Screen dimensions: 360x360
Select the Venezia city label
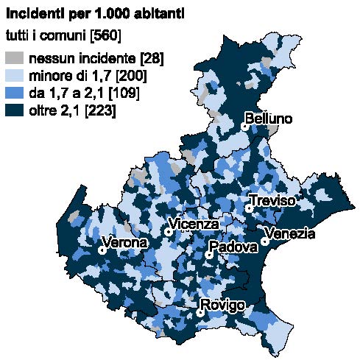point(289,234)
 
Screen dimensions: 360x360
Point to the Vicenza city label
point(194,224)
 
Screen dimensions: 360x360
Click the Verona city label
point(124,242)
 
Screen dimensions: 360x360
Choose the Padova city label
point(232,247)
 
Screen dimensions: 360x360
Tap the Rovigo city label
point(222,306)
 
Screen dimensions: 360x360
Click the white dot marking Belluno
point(244,127)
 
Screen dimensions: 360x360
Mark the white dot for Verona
point(102,250)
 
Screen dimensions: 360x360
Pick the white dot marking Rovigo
point(200,313)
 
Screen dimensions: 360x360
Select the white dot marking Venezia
point(264,241)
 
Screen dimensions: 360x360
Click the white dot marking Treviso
point(250,208)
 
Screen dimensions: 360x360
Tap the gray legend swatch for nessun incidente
point(14,58)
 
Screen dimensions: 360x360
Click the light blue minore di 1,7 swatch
point(14,76)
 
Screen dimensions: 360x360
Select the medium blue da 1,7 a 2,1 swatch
point(14,93)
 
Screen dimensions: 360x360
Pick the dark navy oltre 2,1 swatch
point(14,111)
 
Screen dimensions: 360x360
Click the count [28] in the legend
point(151,58)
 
